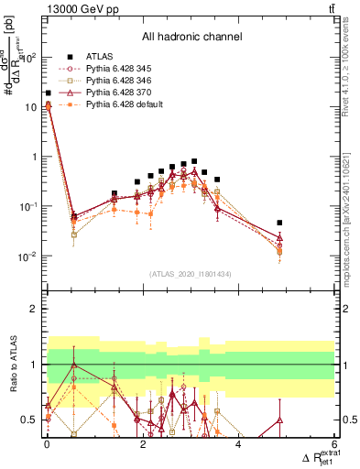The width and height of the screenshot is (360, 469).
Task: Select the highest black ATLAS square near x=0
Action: (48, 93)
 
